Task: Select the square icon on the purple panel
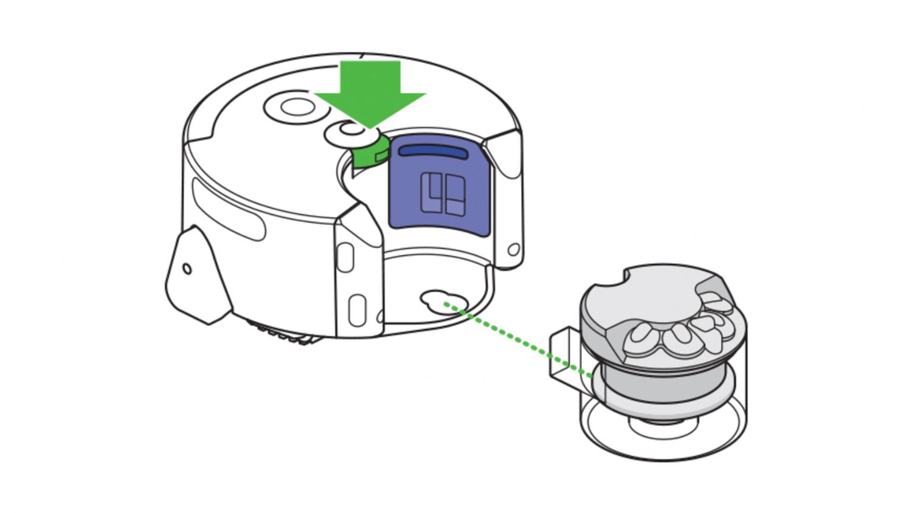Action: [443, 194]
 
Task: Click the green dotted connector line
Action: [517, 337]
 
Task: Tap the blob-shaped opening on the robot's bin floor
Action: [443, 301]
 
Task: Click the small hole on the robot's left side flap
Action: [187, 269]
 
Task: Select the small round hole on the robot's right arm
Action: [513, 249]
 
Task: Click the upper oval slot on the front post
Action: [345, 256]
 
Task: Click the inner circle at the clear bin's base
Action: [663, 429]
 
